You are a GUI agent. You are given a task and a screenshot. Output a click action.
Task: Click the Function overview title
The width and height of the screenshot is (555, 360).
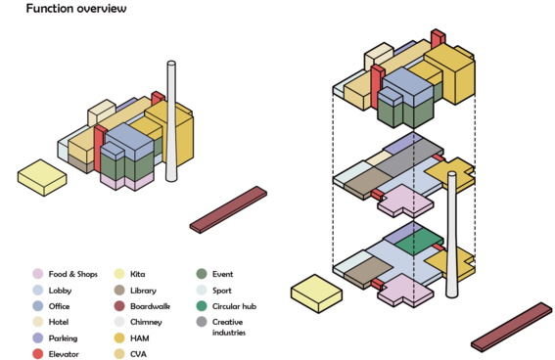click(76, 8)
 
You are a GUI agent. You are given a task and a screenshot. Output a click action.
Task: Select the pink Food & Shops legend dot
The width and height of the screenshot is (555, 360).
click(38, 274)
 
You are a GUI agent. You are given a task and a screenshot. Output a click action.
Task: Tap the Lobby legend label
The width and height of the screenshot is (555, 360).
click(60, 291)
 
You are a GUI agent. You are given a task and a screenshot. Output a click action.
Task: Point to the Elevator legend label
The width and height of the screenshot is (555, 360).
click(64, 354)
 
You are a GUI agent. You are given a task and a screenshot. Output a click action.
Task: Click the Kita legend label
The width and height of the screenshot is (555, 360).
click(138, 274)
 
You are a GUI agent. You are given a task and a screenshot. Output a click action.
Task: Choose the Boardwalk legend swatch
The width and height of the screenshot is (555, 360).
click(119, 306)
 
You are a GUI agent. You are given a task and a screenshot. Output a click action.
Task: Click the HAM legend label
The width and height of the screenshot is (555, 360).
click(139, 338)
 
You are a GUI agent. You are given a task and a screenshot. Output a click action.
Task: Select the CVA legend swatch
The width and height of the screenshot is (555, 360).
click(119, 353)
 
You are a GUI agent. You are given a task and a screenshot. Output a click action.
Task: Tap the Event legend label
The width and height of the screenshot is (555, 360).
click(222, 274)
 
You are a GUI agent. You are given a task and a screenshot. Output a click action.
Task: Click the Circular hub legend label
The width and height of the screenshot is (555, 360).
click(234, 306)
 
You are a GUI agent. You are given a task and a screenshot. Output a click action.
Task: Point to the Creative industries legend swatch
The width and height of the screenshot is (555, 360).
click(202, 322)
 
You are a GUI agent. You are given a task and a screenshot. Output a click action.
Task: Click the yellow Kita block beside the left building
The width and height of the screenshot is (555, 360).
click(42, 177)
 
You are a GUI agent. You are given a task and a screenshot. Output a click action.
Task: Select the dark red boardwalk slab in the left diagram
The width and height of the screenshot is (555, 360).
click(228, 209)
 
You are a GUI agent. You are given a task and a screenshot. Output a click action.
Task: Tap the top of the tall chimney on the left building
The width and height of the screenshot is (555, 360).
click(171, 64)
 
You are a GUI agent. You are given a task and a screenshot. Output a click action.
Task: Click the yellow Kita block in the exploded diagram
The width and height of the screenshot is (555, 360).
click(316, 293)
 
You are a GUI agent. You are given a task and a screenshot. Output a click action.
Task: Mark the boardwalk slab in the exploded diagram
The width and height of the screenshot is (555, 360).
click(512, 327)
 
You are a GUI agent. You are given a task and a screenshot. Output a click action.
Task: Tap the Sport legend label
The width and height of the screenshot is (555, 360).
click(222, 291)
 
